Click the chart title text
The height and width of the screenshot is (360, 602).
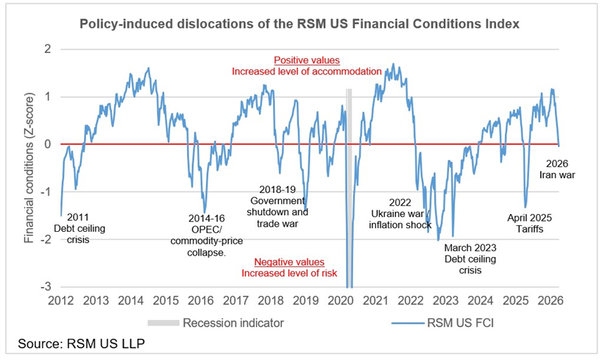click(300, 24)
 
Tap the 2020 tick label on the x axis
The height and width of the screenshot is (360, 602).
click(341, 300)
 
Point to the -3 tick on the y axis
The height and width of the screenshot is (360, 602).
click(46, 286)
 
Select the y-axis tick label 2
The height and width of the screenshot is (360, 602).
click(48, 49)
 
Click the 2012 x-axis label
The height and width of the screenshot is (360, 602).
click(60, 300)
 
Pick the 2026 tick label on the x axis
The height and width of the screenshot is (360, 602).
click(550, 300)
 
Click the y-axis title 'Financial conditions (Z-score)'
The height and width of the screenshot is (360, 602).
click(29, 168)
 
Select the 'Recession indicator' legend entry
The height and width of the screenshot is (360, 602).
click(216, 322)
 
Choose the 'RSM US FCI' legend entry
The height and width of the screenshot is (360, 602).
click(443, 322)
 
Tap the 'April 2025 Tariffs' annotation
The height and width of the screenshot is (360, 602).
click(529, 223)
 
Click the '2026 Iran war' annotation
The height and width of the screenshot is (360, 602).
click(557, 169)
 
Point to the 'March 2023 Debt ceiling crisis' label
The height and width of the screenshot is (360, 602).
click(470, 259)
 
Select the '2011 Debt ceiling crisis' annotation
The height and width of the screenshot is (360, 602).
click(79, 229)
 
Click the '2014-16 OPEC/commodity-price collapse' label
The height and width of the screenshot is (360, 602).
click(207, 236)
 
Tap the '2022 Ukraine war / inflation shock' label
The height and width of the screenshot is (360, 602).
click(400, 213)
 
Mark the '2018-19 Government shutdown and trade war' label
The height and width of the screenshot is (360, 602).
click(277, 206)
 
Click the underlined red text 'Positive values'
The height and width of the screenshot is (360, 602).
click(307, 60)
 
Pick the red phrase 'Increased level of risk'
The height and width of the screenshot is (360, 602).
click(289, 273)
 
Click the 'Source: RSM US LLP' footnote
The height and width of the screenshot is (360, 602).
click(82, 343)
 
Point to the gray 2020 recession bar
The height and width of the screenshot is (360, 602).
click(349, 188)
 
